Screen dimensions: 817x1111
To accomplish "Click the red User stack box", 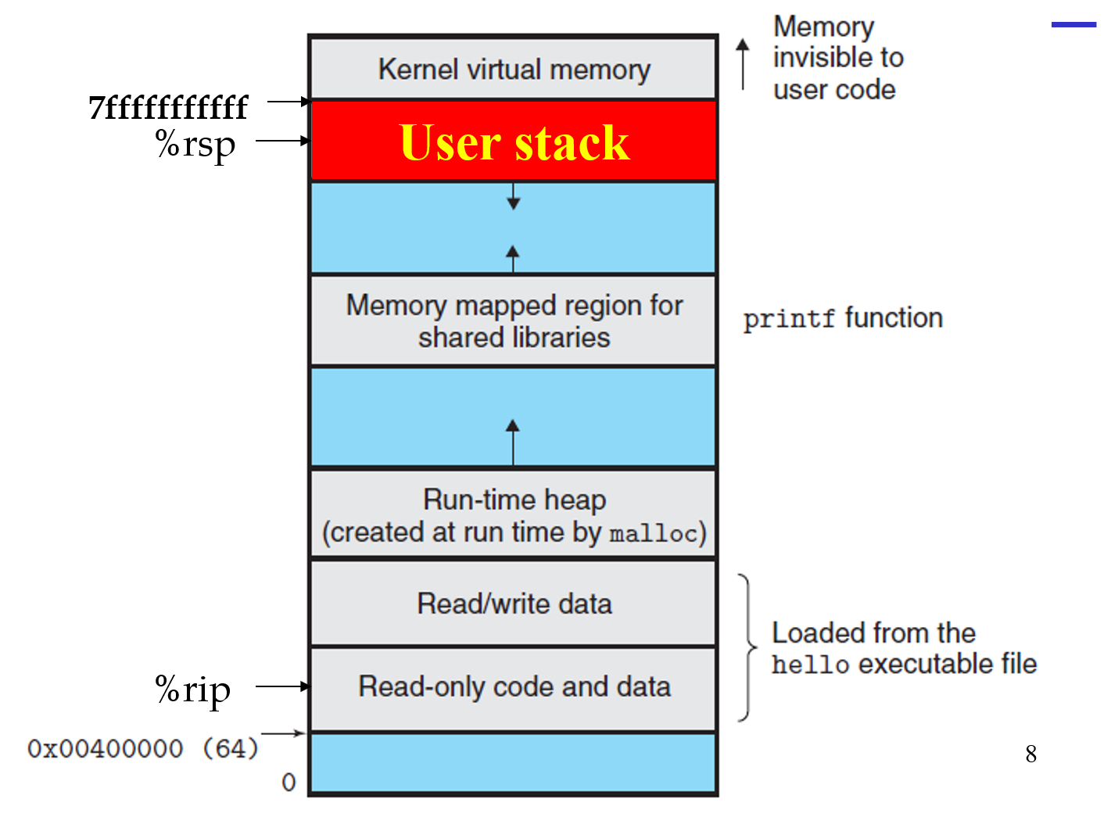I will coord(514,142).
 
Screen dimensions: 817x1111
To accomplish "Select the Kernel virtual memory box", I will coord(514,69).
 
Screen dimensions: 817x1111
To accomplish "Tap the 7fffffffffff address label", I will coord(168,108).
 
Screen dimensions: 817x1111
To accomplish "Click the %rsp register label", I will coord(195,144).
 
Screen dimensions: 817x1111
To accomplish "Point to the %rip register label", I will coord(193,690).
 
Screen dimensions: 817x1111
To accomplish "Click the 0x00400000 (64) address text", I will coord(143,748).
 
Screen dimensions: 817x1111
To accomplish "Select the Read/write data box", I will coord(514,604).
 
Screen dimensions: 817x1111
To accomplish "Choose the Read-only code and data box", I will coord(514,687).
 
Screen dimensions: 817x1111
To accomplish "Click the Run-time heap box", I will coord(514,514).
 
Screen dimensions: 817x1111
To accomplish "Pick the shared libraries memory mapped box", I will coord(514,321).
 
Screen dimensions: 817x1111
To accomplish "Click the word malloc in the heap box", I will coord(653,534).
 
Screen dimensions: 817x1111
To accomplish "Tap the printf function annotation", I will coord(842,318).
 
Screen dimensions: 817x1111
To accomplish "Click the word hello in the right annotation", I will coord(810,665).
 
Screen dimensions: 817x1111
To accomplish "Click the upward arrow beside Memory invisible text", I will coord(743,64).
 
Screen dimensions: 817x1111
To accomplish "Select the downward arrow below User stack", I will coord(513,196).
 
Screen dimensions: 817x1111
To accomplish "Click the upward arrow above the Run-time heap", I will coord(513,441).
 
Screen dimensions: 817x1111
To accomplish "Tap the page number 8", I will coord(1030,754).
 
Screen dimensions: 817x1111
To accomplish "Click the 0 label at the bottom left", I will coord(289,782).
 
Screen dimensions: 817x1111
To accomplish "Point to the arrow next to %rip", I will coord(282,686).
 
